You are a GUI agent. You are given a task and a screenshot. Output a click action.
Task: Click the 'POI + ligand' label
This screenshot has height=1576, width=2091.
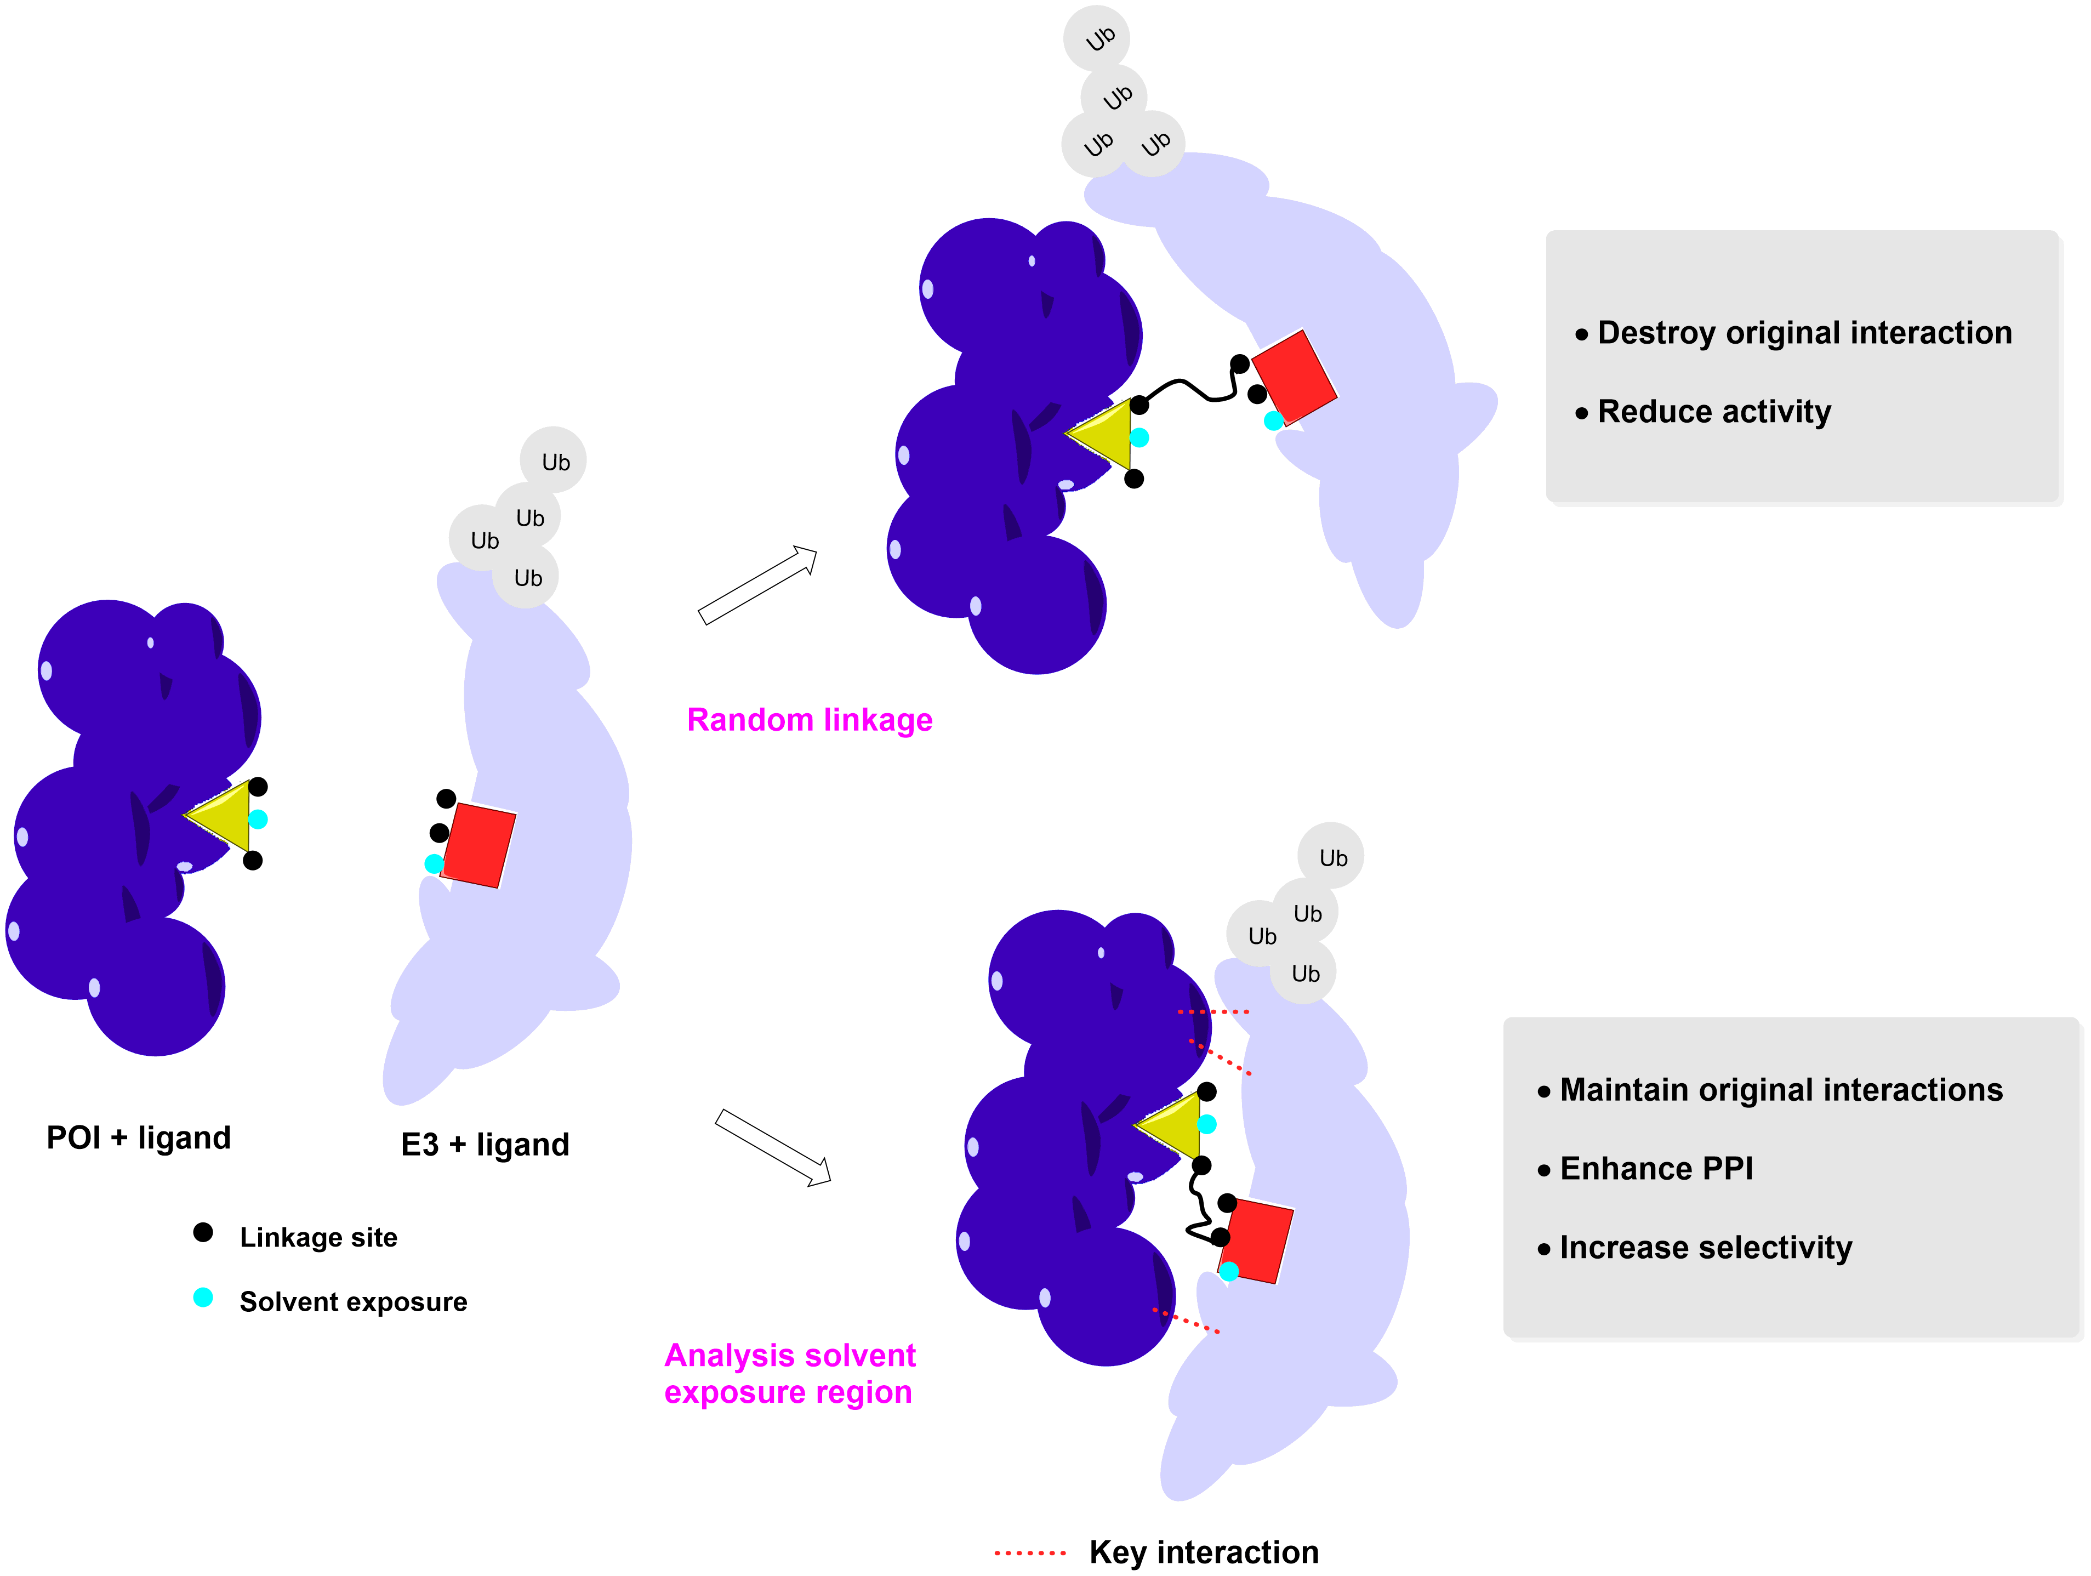pyautogui.click(x=139, y=1137)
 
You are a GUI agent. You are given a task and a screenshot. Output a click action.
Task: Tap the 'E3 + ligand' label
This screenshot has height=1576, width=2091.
pyautogui.click(x=485, y=1145)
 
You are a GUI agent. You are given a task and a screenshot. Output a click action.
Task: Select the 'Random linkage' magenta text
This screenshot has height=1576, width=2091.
pyautogui.click(x=809, y=720)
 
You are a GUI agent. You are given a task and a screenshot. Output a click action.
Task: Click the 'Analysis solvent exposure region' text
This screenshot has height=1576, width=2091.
pyautogui.click(x=789, y=1374)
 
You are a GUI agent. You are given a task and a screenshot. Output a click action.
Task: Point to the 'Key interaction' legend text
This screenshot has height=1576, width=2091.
pyautogui.click(x=1204, y=1552)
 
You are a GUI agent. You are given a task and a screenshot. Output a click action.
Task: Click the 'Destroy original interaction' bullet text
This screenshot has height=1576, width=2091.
pyautogui.click(x=1804, y=333)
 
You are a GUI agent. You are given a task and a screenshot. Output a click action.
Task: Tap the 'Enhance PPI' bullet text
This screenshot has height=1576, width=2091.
pyautogui.click(x=1656, y=1169)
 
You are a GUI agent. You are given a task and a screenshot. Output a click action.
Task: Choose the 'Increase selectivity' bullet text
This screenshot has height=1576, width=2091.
pyautogui.click(x=1705, y=1248)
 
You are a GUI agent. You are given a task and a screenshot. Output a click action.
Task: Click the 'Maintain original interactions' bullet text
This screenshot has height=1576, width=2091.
pyautogui.click(x=1781, y=1090)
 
